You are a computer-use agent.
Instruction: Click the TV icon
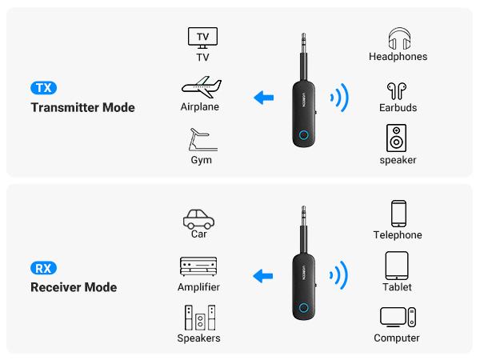[202, 38]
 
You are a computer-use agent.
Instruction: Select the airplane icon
[200, 86]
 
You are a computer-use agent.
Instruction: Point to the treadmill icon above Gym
[200, 138]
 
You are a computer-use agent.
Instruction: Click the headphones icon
[398, 38]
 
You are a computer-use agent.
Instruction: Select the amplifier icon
[198, 267]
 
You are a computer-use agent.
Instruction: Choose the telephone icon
[398, 214]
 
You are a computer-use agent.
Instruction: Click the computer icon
[398, 318]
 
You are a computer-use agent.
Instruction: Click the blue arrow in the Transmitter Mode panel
[262, 98]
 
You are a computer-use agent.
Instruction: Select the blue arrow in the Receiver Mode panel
[262, 278]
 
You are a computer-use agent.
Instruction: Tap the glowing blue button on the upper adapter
[305, 135]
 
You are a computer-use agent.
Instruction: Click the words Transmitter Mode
[83, 108]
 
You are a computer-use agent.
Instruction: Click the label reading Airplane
[200, 107]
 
